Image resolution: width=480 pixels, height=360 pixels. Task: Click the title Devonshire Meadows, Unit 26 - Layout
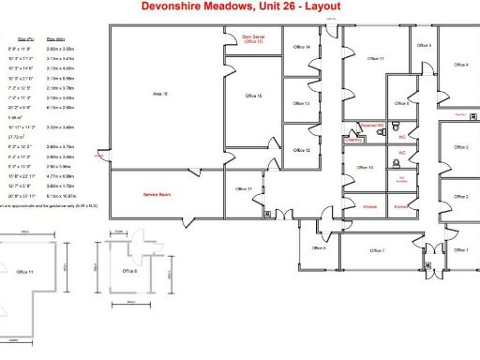[241, 7]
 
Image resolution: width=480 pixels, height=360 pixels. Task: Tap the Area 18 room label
[159, 95]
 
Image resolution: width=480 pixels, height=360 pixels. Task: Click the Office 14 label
[301, 47]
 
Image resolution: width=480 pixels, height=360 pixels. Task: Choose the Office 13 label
[301, 104]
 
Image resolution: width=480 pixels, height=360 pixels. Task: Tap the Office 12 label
[301, 150]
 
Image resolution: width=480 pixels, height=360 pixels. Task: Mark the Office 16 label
[253, 96]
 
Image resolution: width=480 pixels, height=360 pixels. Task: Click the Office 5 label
[424, 45]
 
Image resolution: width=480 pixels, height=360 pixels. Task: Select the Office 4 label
[460, 65]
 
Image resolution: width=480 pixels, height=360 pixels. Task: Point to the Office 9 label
[402, 104]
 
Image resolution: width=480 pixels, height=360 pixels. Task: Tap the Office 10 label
[365, 168]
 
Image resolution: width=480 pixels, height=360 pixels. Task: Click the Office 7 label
[378, 250]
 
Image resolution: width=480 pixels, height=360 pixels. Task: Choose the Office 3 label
[460, 147]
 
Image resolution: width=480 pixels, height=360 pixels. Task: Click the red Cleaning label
[352, 138]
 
